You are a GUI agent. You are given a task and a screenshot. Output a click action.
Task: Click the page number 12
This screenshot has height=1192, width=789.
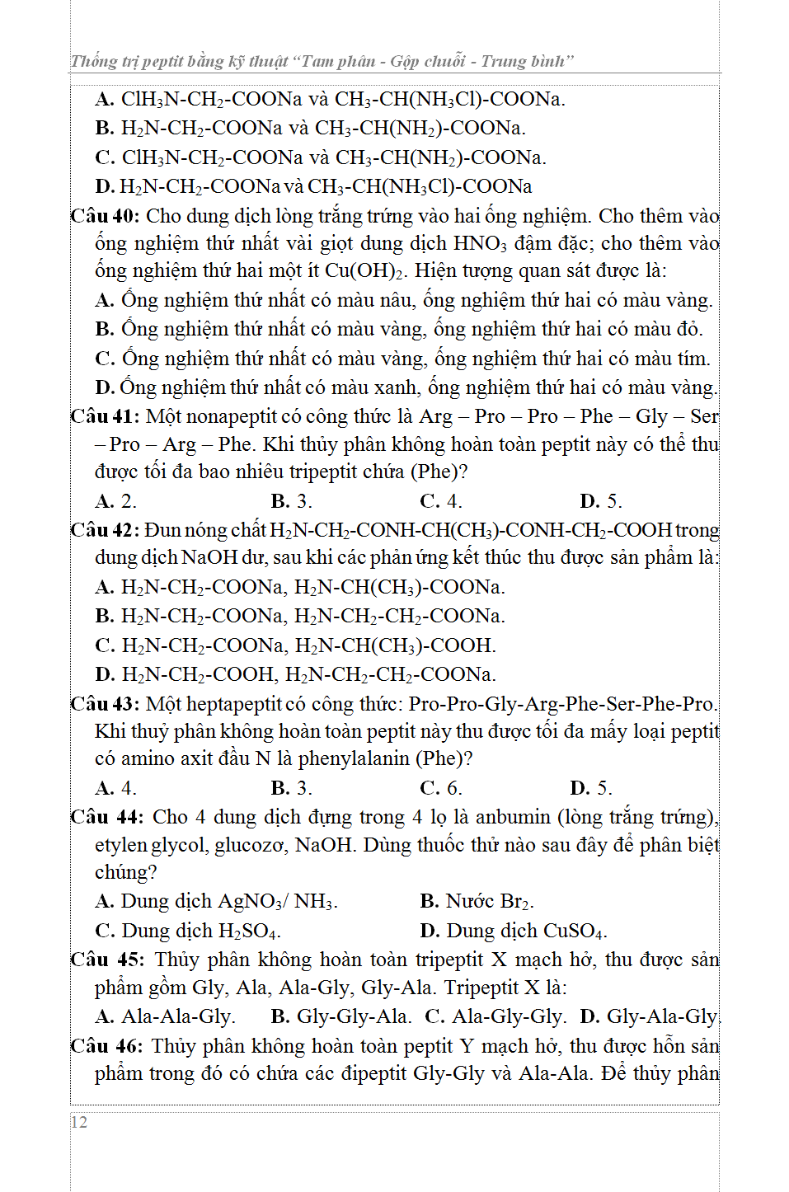click(79, 1122)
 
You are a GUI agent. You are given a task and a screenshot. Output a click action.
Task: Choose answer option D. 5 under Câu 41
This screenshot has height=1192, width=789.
click(600, 501)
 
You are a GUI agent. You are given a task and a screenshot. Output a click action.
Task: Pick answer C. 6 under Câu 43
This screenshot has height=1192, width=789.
click(441, 788)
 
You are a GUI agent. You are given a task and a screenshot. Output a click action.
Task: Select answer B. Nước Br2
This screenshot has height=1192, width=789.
click(477, 901)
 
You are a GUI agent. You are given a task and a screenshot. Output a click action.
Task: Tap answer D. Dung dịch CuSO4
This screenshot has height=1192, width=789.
click(513, 931)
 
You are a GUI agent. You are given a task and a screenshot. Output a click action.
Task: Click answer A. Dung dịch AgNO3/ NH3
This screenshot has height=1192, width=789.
click(216, 901)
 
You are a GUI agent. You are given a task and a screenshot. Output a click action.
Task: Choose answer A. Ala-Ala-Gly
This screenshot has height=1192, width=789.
click(166, 1016)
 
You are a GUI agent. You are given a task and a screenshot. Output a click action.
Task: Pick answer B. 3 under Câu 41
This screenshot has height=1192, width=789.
click(291, 501)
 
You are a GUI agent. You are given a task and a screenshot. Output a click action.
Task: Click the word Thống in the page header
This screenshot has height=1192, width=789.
click(94, 61)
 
